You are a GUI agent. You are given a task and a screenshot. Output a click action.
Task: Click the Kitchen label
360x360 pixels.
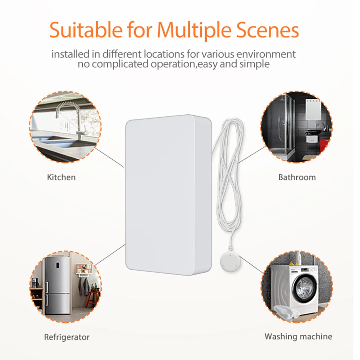pyautogui.click(x=61, y=177)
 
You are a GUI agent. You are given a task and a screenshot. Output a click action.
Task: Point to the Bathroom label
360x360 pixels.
pyautogui.click(x=297, y=177)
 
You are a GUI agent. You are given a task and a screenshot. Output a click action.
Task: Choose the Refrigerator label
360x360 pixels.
pyautogui.click(x=67, y=337)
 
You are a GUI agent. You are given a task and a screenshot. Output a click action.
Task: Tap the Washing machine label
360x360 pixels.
pyautogui.click(x=298, y=337)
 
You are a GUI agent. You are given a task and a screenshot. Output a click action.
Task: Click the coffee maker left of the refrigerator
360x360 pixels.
pyautogui.click(x=35, y=283)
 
